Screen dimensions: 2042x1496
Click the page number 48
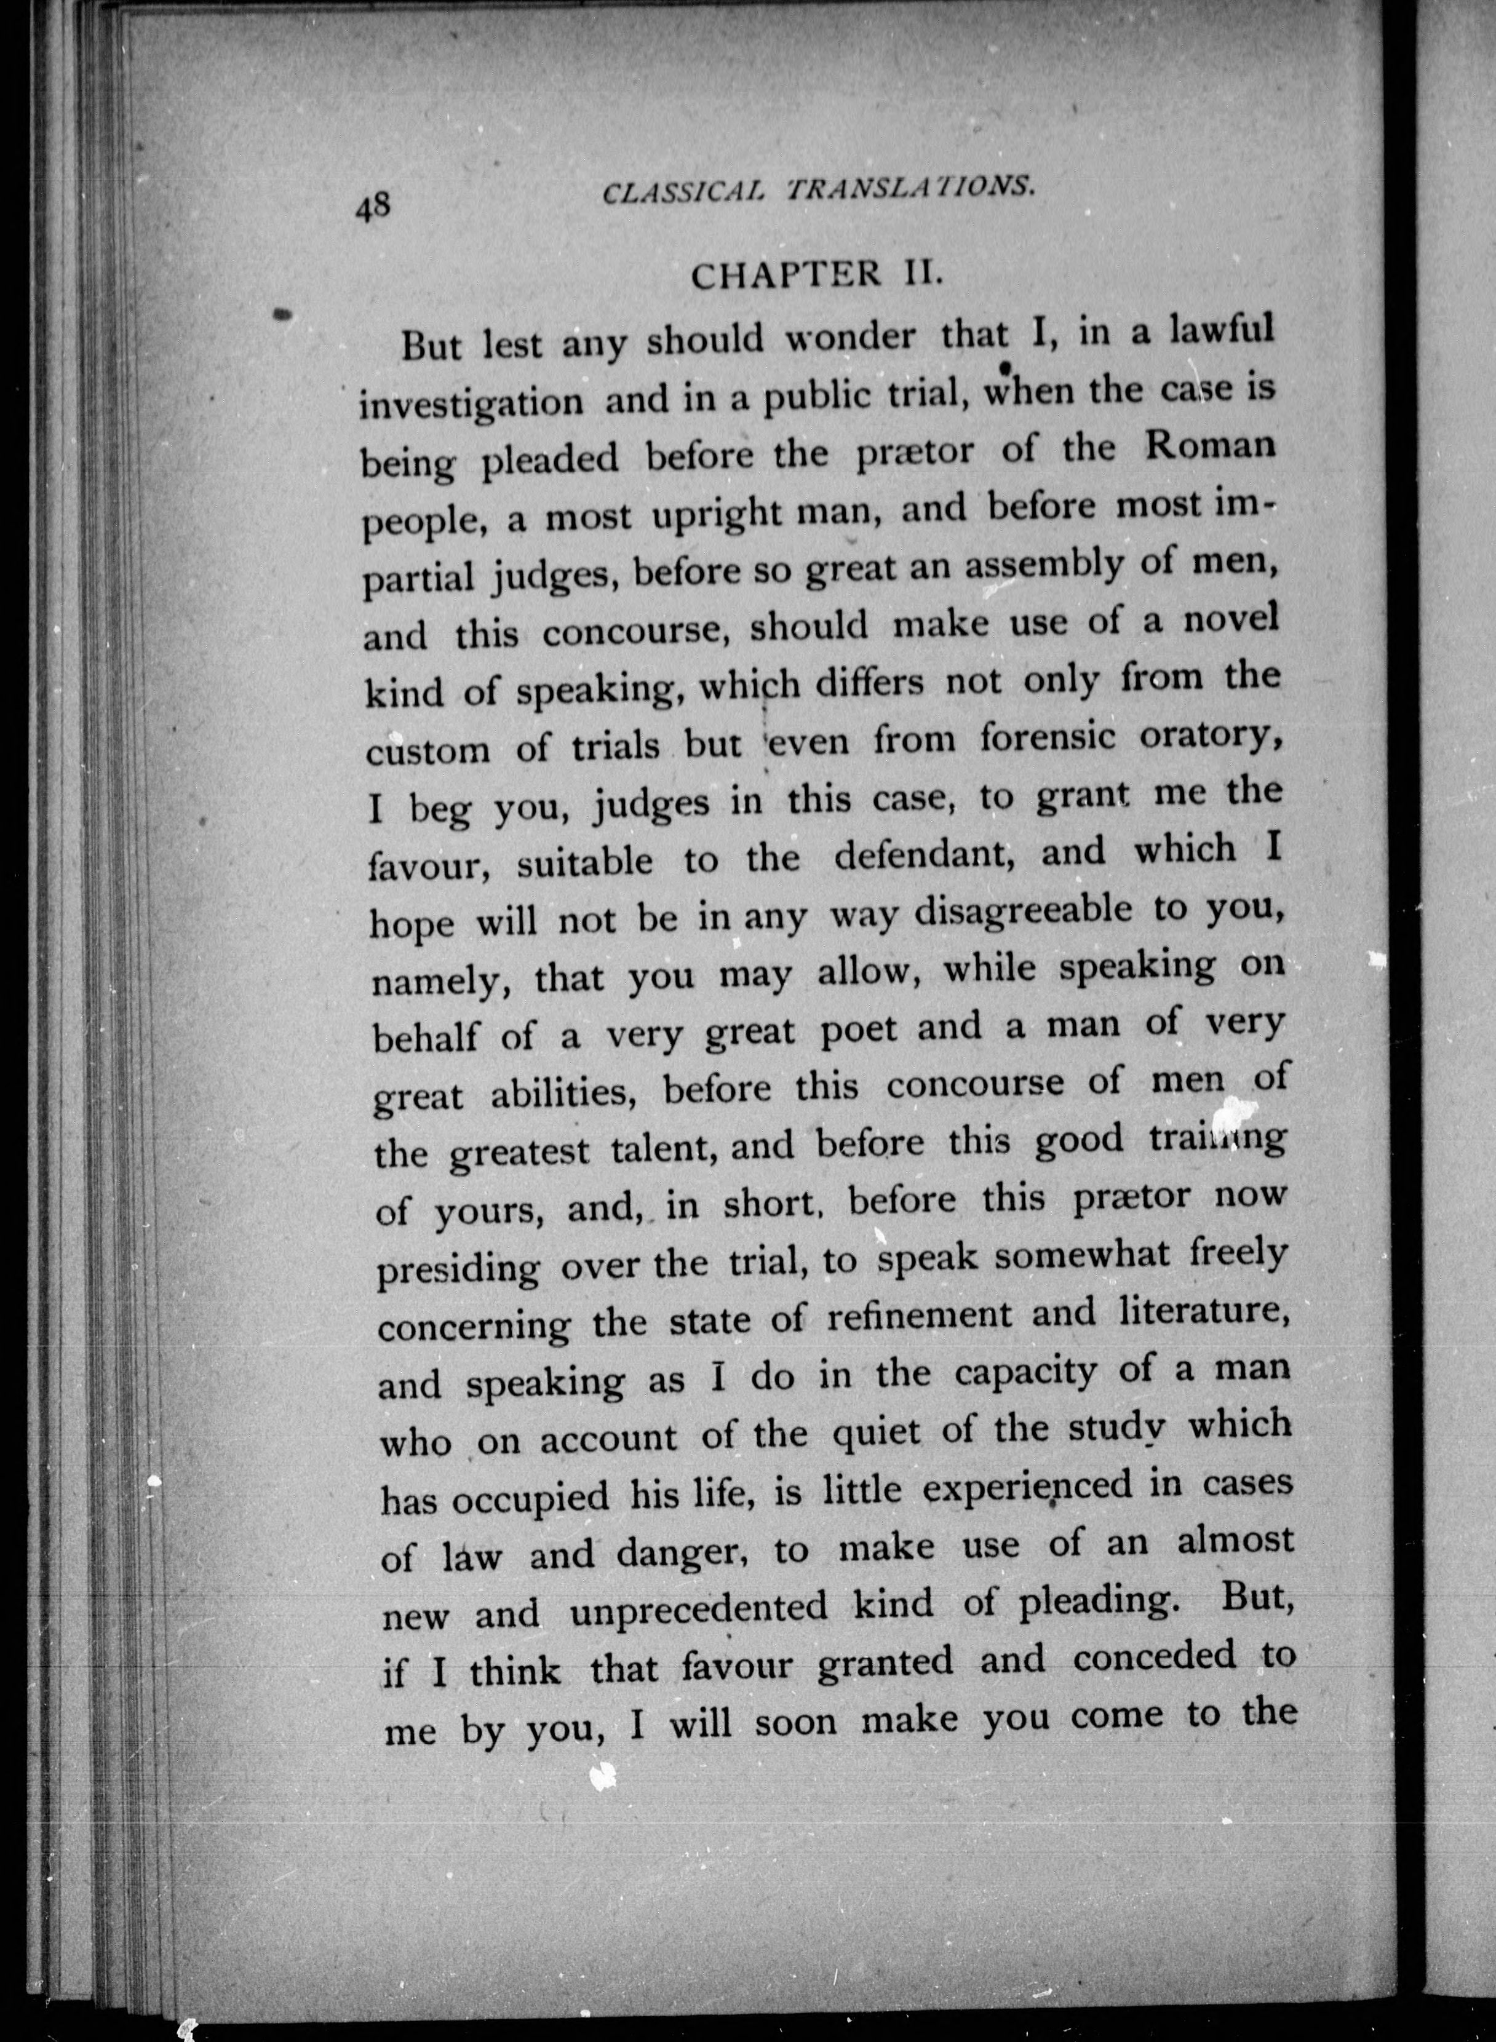click(372, 207)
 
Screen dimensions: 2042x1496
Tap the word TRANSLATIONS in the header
click(911, 188)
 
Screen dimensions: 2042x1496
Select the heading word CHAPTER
click(785, 274)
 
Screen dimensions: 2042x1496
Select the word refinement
click(919, 1315)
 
